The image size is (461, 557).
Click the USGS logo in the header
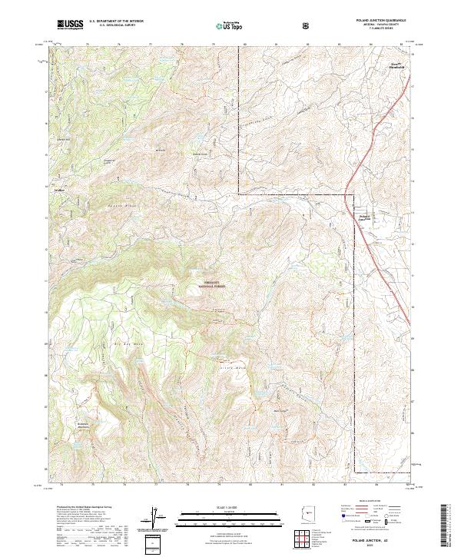(x=69, y=25)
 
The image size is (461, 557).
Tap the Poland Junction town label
(x=366, y=217)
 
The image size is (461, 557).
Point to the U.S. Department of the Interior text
(x=116, y=22)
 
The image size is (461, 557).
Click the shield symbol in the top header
(x=308, y=25)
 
